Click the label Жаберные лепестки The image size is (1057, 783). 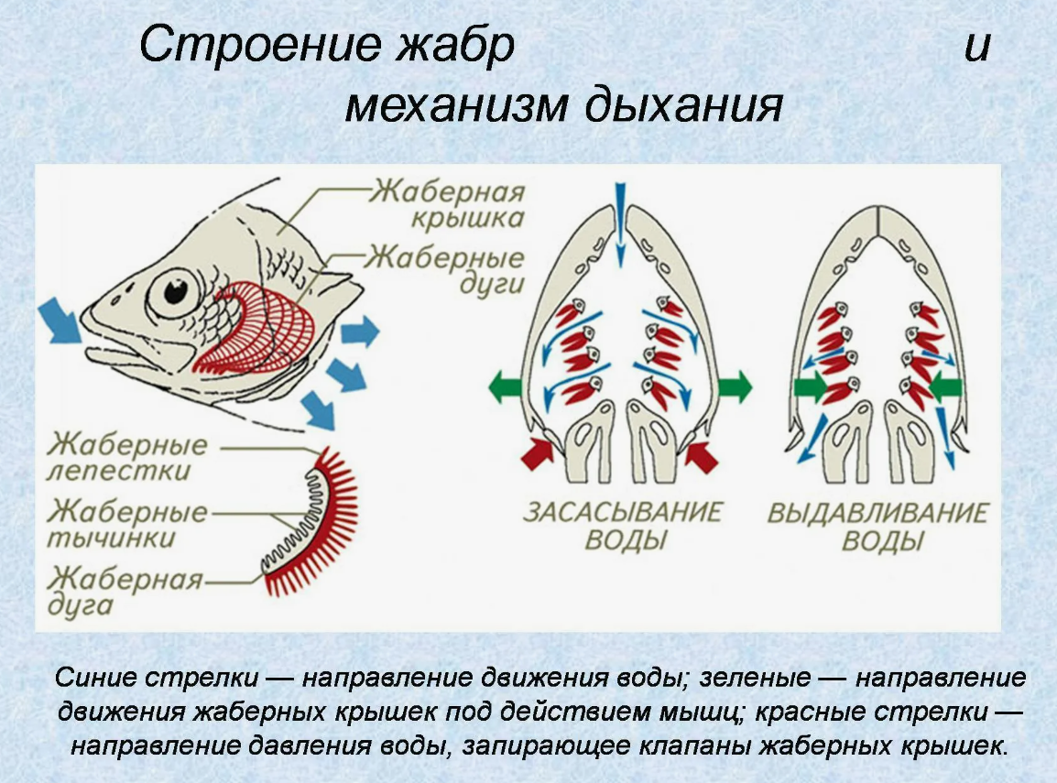[127, 458]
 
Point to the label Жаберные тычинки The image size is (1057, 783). [127, 523]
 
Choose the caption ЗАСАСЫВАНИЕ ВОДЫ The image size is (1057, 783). [624, 525]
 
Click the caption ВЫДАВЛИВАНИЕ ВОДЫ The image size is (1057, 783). [878, 525]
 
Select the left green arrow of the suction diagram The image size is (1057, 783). [505, 386]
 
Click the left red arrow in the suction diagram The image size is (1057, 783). [539, 450]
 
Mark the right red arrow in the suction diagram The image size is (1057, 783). [701, 451]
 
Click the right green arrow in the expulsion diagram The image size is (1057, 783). [945, 387]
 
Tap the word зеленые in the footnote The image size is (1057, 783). [759, 679]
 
